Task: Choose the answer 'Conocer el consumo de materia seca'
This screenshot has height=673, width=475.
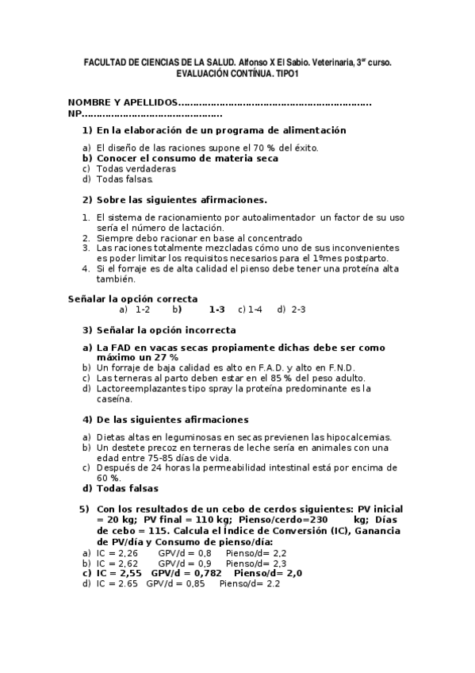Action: tap(187, 158)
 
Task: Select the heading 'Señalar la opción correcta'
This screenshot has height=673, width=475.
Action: tap(132, 298)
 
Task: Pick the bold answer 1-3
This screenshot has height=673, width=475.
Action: tap(216, 310)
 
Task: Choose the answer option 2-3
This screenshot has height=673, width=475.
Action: tap(298, 310)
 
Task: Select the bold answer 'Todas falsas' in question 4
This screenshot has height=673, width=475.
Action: tap(127, 489)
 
